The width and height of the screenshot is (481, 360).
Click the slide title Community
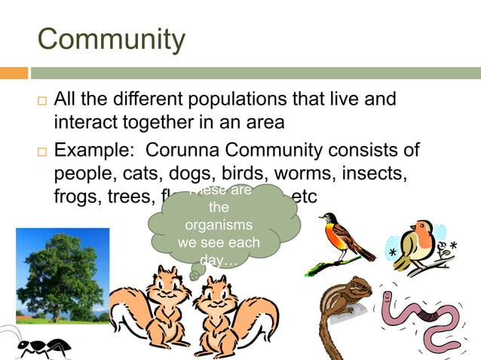[111, 38]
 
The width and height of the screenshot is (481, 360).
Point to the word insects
[368, 172]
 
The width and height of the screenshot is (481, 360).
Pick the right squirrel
[230, 313]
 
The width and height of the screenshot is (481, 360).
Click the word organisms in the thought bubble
[218, 226]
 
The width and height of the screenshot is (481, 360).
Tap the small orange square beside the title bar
[14, 73]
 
